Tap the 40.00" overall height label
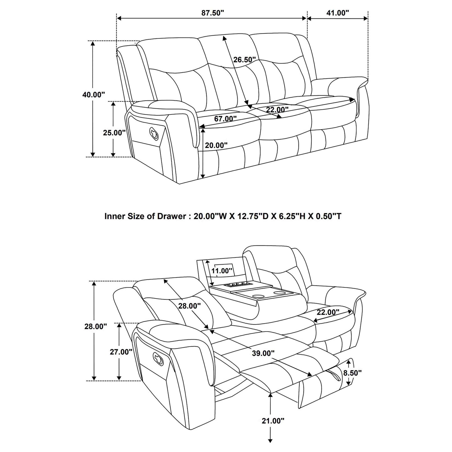pos(94,94)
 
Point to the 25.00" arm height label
pos(114,132)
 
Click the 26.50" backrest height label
pos(244,59)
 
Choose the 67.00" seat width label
pos(225,119)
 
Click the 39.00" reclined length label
pos(263,353)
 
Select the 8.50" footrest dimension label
pos(352,373)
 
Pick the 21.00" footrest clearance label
pos(273,421)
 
